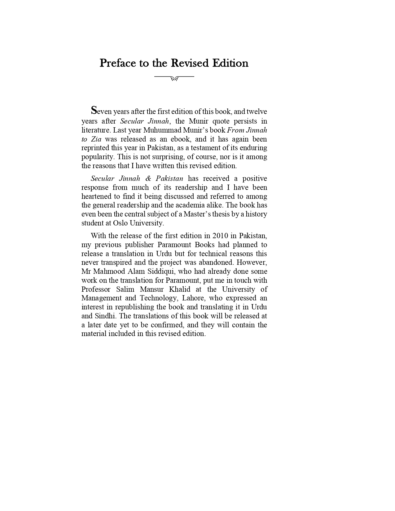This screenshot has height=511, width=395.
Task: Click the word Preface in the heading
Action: (118, 63)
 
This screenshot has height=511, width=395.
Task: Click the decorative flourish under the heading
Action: (174, 78)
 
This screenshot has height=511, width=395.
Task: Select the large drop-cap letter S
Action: (94, 110)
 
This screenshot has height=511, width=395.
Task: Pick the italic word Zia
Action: (96, 139)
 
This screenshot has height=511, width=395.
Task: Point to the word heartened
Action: (96, 196)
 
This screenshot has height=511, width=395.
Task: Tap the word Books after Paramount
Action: (204, 245)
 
